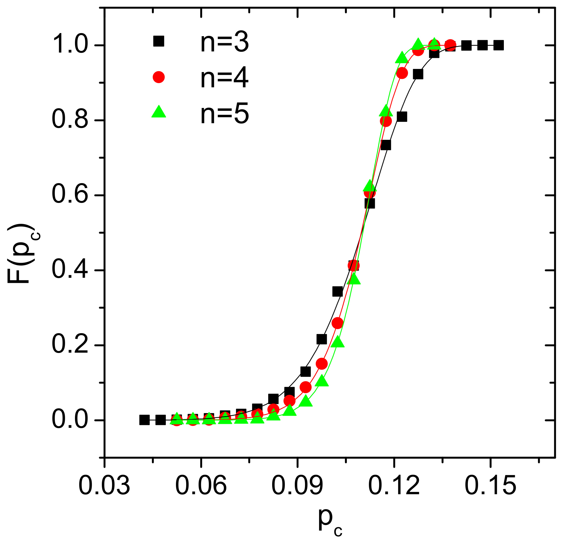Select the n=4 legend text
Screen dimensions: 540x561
224,78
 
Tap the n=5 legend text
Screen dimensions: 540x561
224,114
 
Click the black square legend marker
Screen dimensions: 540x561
159,41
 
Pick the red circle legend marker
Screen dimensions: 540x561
159,77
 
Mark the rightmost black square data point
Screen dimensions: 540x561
498,45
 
